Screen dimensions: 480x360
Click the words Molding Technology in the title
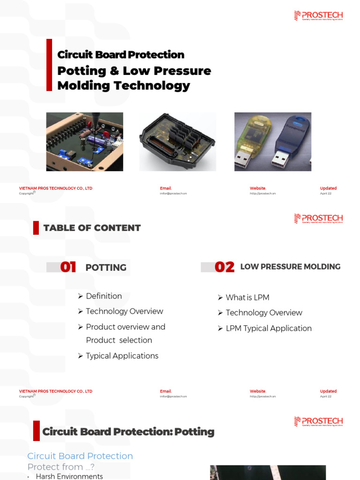[x=123, y=86]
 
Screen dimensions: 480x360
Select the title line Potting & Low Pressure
[x=134, y=71]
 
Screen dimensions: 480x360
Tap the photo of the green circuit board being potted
[x=84, y=142]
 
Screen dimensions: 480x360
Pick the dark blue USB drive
[x=288, y=141]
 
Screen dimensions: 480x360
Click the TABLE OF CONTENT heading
[x=92, y=228]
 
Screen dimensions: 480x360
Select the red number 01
[x=68, y=267]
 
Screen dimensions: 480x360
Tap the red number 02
[x=224, y=267]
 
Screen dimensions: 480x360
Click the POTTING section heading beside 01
[x=106, y=268]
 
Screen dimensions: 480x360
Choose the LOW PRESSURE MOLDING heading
[x=290, y=267]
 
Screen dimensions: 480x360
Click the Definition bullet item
[x=104, y=296]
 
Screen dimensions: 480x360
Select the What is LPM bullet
[x=247, y=298]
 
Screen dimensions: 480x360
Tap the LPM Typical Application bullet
[x=268, y=329]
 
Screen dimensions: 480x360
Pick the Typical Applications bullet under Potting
[x=122, y=356]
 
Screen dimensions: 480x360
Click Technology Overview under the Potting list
[x=124, y=311]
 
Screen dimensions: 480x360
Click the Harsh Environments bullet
[x=69, y=476]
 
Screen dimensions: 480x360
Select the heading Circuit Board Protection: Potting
[x=128, y=432]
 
